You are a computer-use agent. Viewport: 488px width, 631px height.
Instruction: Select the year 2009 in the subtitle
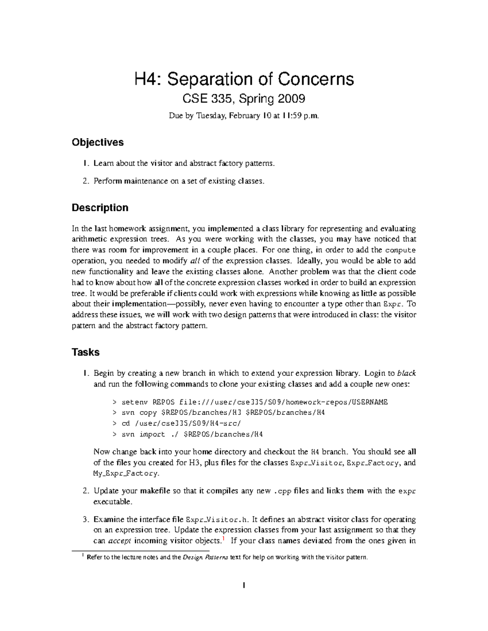pos(291,99)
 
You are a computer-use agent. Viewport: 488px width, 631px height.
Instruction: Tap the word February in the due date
pos(244,116)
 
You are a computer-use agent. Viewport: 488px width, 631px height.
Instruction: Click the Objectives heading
pos(98,142)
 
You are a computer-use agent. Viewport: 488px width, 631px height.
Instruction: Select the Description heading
pos(100,208)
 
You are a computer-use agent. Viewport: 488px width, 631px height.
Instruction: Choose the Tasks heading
pos(85,352)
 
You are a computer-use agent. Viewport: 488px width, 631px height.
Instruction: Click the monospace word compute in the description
pos(400,250)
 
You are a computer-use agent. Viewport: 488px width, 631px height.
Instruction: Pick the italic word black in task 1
pos(406,373)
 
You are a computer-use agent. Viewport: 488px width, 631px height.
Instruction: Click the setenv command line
pos(250,402)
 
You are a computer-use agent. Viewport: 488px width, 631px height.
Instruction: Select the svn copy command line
pos(218,413)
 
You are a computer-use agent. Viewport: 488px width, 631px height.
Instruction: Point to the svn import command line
pos(187,434)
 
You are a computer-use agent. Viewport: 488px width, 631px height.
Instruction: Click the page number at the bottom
pos(244,585)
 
